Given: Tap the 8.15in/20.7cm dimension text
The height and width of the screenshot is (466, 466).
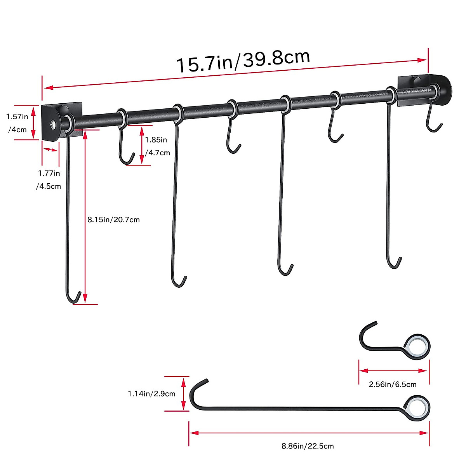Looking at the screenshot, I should pyautogui.click(x=113, y=220).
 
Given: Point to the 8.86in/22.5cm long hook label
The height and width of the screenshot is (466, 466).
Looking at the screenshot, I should pyautogui.click(x=308, y=446).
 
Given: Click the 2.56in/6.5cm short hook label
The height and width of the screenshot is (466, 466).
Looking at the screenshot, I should pyautogui.click(x=392, y=384).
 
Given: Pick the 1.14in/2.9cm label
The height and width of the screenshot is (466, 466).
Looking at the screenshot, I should pyautogui.click(x=151, y=394).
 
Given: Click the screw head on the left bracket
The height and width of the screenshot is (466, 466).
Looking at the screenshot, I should pyautogui.click(x=52, y=124).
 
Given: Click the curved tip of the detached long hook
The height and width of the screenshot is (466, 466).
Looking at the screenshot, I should pyautogui.click(x=198, y=388).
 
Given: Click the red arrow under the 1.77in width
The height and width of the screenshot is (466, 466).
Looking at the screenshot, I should pyautogui.click(x=50, y=150).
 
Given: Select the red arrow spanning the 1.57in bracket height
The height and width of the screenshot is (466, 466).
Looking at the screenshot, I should pyautogui.click(x=34, y=122).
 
